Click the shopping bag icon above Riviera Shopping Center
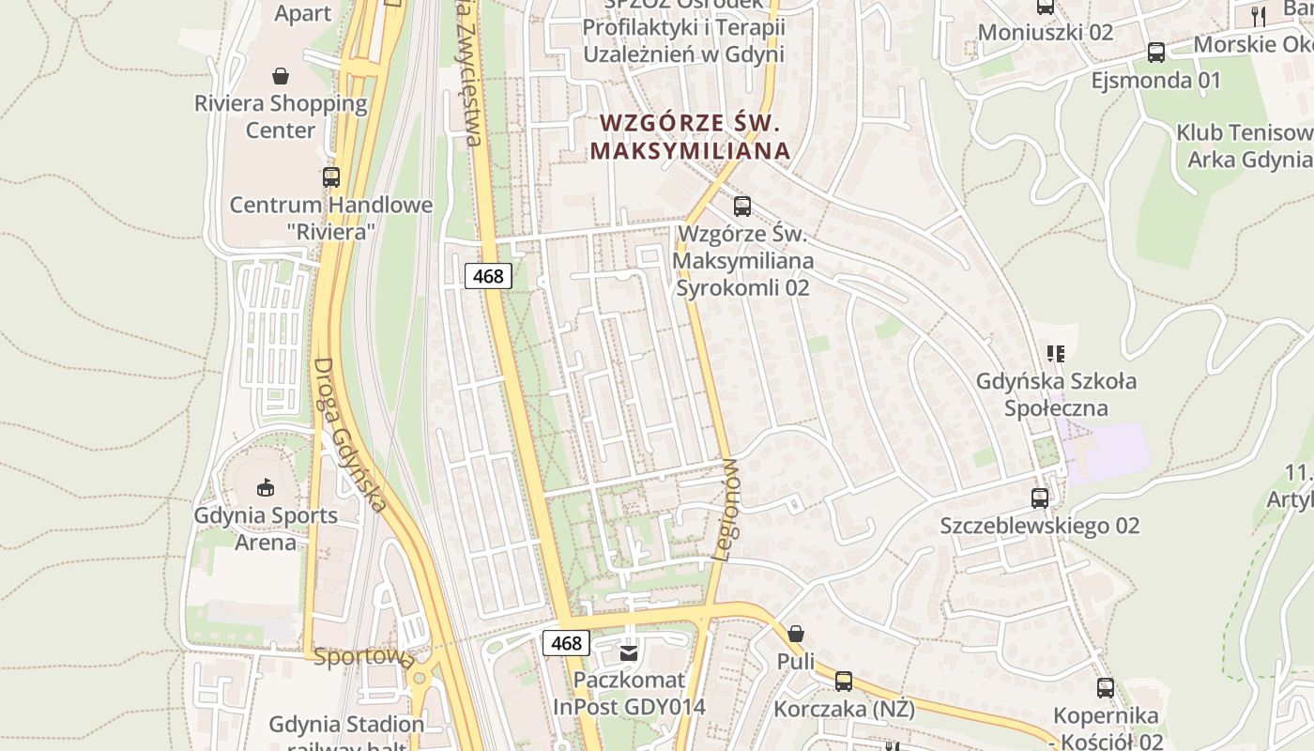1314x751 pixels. (x=280, y=75)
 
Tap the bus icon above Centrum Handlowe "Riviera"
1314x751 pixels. (x=330, y=176)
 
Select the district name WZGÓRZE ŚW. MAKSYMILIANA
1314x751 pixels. (x=690, y=136)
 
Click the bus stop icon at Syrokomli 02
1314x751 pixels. (x=741, y=206)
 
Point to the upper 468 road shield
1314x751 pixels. (x=488, y=276)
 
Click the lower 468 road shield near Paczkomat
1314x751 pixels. (x=566, y=643)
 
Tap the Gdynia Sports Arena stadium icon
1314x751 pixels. (x=265, y=487)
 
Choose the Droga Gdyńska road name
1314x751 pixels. (x=349, y=436)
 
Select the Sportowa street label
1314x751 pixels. (x=364, y=657)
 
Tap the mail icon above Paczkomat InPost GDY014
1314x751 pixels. (x=629, y=651)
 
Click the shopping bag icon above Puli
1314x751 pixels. (x=795, y=634)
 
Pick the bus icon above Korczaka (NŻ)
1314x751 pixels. (x=844, y=682)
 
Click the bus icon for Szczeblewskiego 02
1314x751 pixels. (x=1039, y=498)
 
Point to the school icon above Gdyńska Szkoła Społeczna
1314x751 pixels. (x=1056, y=354)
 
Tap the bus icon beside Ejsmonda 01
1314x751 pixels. (x=1155, y=53)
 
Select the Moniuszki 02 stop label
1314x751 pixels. (x=1045, y=33)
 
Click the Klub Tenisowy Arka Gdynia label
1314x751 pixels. (x=1245, y=146)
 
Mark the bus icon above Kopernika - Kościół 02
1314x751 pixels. (x=1105, y=688)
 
